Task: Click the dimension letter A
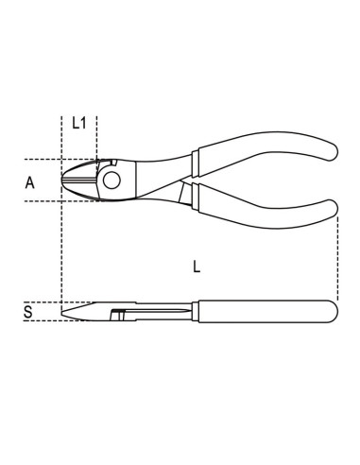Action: (x=30, y=183)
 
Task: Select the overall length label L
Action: (x=196, y=267)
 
